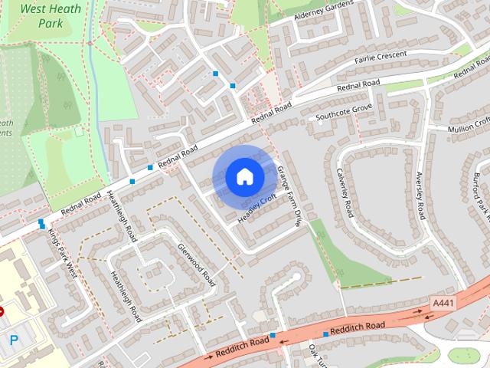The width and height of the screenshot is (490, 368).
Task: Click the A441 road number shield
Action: pyautogui.click(x=443, y=304)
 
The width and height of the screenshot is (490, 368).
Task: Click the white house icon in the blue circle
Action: pyautogui.click(x=245, y=177)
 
